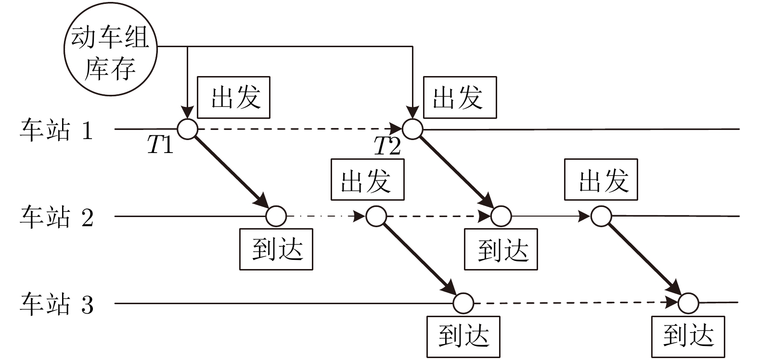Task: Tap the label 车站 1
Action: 56,130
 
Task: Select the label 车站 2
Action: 56,217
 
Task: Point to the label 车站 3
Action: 56,304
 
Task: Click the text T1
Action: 160,145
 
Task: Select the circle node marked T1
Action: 187,129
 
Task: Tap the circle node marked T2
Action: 412,129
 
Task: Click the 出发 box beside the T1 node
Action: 234,97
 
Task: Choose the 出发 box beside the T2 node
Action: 459,97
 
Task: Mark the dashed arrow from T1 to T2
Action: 298,129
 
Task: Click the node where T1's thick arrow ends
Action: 276,217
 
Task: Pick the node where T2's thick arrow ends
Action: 501,217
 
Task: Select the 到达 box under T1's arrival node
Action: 276,249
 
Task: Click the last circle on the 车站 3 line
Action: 688,303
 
